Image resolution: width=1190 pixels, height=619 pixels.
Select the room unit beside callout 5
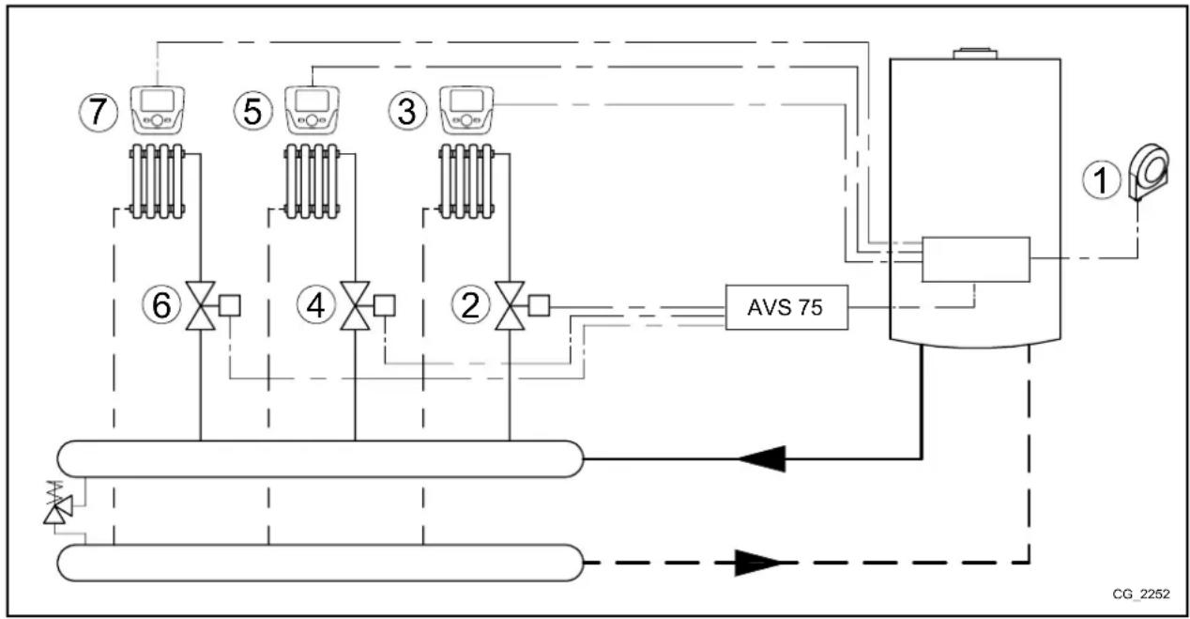[312, 109]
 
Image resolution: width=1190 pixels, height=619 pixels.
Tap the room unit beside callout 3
[466, 109]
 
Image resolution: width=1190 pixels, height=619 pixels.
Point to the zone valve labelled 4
[355, 306]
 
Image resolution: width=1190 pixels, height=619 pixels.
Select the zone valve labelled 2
[510, 306]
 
